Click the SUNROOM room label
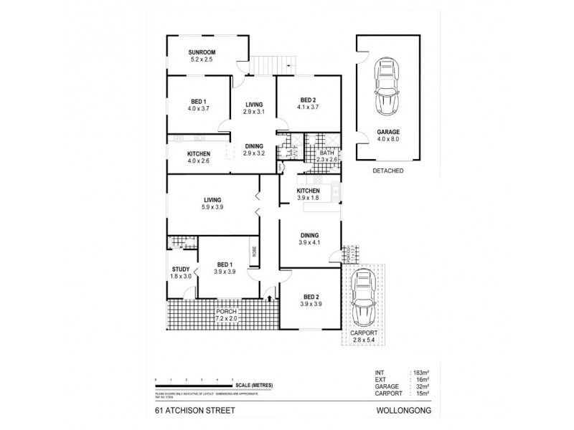coord(203,53)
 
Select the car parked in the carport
coord(363,302)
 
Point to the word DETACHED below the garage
coord(387,172)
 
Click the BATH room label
coord(326,153)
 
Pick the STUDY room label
coord(181,270)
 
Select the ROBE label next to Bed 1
coord(254,252)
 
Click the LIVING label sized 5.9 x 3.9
coord(212,200)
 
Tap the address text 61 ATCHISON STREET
coord(187,412)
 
